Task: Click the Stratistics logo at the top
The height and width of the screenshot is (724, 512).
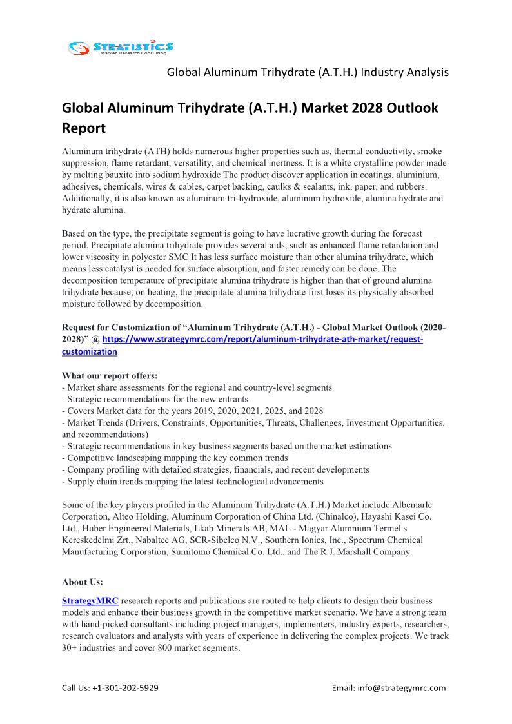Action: click(121, 47)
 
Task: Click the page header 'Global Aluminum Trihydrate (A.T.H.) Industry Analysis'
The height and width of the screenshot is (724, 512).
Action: click(308, 72)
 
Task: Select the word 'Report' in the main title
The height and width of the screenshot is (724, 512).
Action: click(83, 128)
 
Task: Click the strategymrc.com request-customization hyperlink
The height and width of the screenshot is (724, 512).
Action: click(262, 339)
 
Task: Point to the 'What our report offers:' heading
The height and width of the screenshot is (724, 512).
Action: click(110, 375)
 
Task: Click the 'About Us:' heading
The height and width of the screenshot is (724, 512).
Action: click(83, 582)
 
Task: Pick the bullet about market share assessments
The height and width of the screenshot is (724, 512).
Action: click(197, 387)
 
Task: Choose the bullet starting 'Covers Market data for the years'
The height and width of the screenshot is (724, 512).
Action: click(192, 411)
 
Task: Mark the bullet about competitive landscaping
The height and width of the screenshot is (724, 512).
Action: click(175, 458)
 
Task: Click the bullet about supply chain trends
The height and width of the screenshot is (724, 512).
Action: click(192, 481)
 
